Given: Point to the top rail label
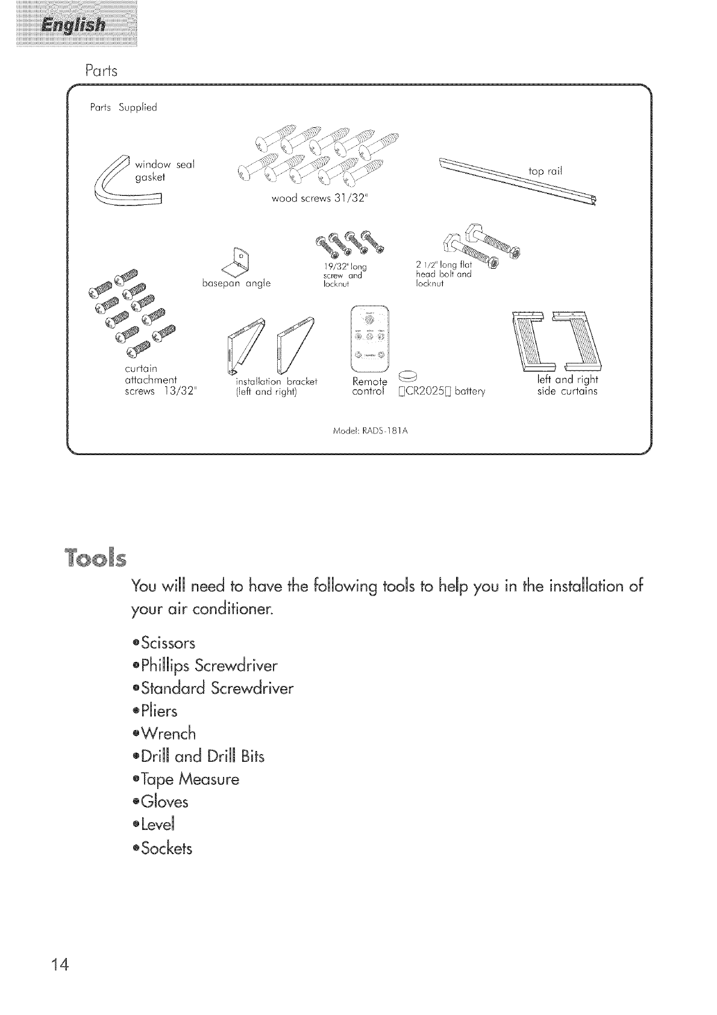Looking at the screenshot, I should click(545, 171).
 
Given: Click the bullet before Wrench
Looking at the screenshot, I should click(136, 734).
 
